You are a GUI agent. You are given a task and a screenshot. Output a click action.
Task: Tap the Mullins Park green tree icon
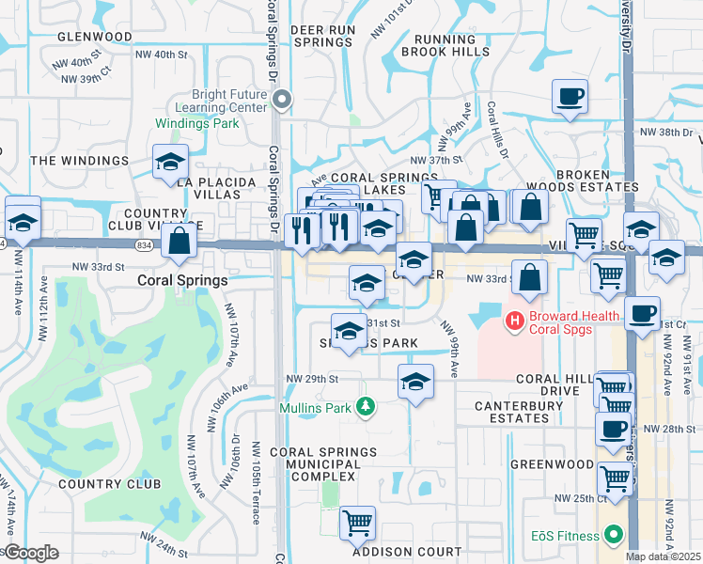pyautogui.click(x=365, y=407)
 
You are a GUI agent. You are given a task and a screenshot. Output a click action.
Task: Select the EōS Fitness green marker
pyautogui.click(x=614, y=536)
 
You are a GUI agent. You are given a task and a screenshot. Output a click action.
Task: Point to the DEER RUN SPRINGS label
pyautogui.click(x=321, y=36)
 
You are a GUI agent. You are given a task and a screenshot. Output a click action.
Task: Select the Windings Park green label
pyautogui.click(x=197, y=123)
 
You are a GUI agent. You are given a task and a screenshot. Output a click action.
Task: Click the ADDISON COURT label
pyautogui.click(x=407, y=552)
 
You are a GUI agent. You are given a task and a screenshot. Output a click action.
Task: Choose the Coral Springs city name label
pyautogui.click(x=182, y=280)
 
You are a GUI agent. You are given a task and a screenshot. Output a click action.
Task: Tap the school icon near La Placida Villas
pyautogui.click(x=170, y=161)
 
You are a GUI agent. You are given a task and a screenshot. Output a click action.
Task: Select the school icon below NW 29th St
pyautogui.click(x=414, y=382)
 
